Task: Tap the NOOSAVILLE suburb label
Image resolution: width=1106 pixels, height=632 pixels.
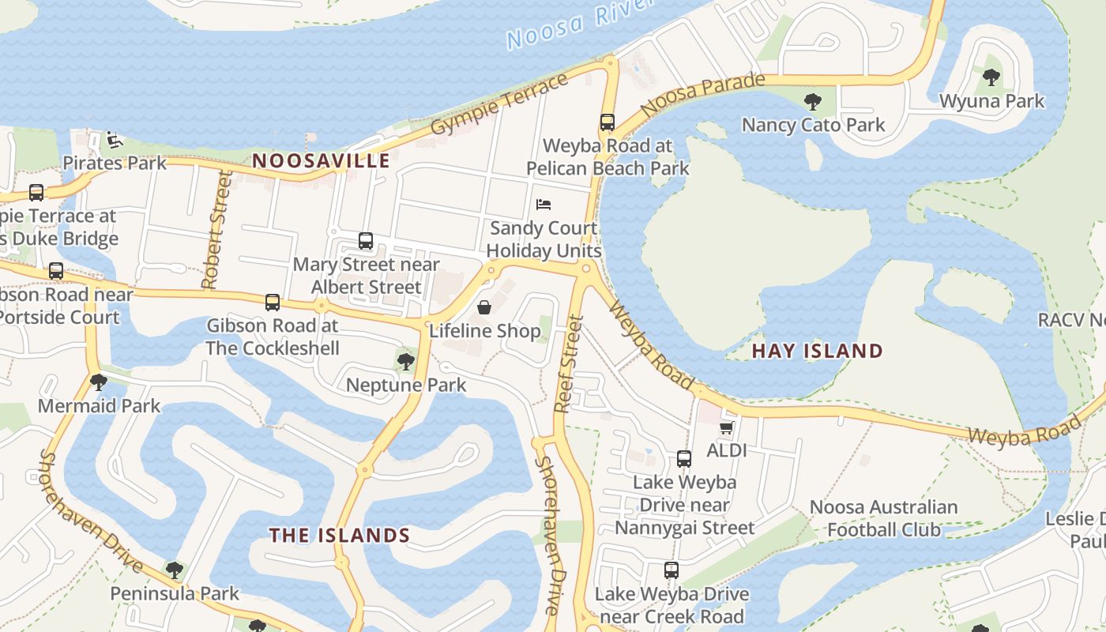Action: pos(321,161)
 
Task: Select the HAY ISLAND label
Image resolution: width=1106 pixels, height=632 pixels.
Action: pos(817,351)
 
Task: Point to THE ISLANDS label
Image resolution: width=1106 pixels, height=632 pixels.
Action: pos(340,536)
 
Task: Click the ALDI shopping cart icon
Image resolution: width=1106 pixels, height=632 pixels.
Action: pos(727,427)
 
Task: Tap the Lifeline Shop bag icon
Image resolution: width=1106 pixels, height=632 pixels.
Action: pos(483,307)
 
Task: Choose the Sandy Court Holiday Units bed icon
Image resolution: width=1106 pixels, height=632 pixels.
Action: pos(544,205)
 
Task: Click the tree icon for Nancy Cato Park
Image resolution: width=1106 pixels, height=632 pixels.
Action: pos(812,102)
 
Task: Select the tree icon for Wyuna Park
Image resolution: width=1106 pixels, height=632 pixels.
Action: pos(991,77)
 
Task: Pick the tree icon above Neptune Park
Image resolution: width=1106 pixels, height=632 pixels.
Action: pos(406,362)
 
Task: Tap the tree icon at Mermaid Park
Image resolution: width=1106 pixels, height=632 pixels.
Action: pos(99,382)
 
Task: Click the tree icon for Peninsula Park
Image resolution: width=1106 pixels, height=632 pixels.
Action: pos(175,569)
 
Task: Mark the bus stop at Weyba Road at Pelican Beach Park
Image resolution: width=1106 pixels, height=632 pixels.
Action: pos(607,122)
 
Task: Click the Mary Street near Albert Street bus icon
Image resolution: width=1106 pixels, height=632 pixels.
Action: pos(365,241)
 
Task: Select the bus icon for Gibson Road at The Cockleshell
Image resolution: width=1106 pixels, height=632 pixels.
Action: pos(273,302)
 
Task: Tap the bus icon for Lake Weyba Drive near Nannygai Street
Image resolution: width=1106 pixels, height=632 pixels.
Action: pos(684,459)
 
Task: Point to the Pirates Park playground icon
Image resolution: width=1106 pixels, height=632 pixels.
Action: pos(115,140)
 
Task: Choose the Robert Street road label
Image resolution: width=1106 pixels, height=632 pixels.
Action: pos(217,230)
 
